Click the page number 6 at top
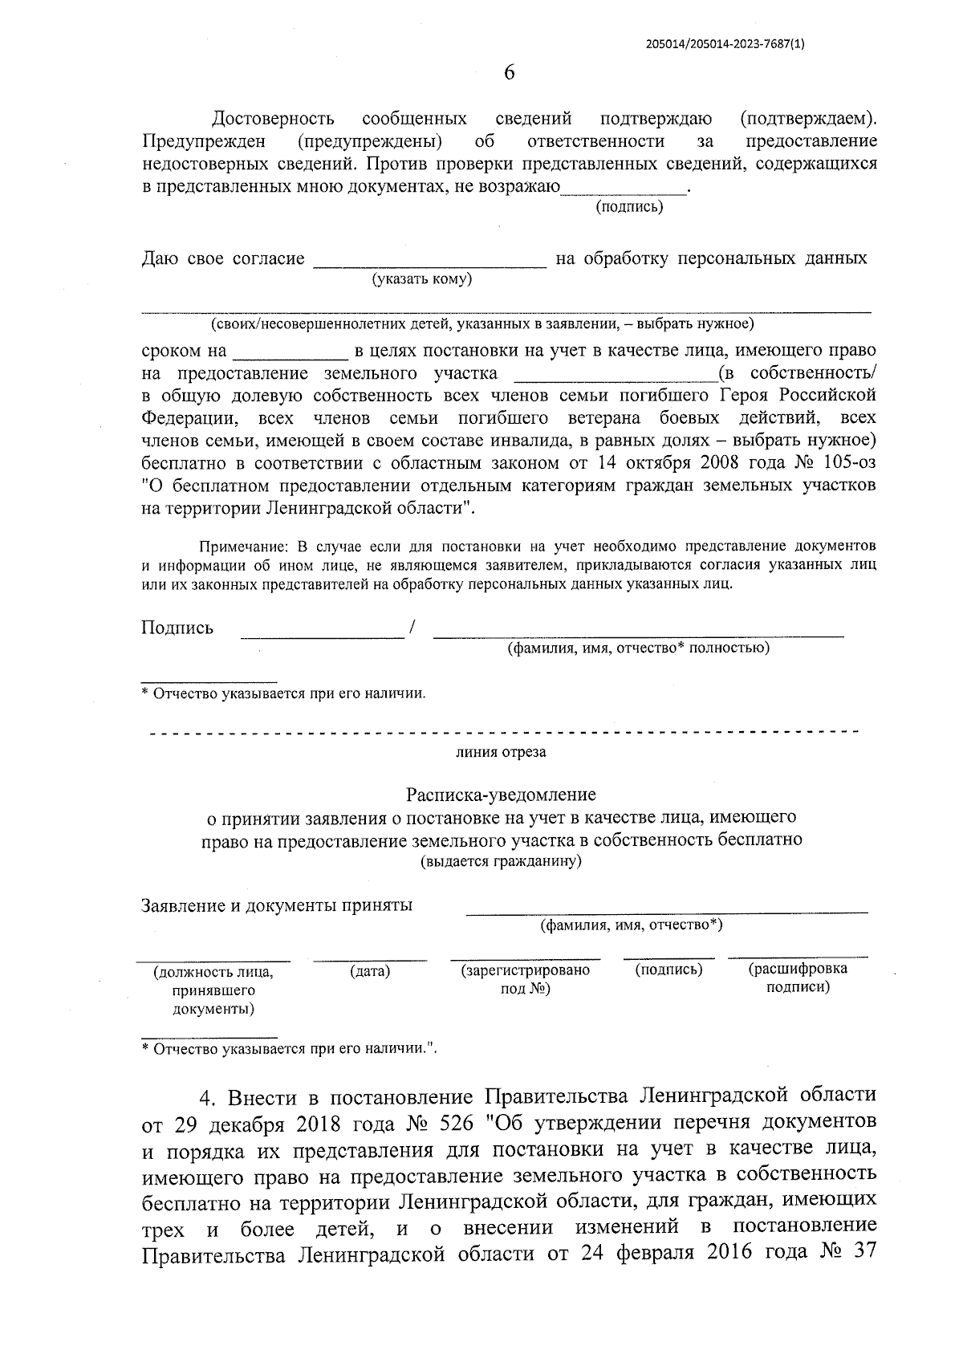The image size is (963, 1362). click(x=509, y=72)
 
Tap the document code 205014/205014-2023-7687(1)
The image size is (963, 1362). click(x=725, y=45)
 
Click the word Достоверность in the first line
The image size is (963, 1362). click(x=273, y=120)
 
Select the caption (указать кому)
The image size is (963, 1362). click(x=421, y=278)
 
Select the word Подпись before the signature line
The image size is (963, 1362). click(x=177, y=628)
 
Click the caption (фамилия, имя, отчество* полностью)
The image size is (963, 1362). click(x=637, y=648)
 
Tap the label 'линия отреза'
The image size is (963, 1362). click(x=501, y=752)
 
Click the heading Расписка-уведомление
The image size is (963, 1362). click(x=501, y=795)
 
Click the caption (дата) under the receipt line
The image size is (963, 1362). click(x=370, y=971)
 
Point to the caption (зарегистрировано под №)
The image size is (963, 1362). click(x=525, y=979)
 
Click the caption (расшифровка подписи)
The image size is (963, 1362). click(x=798, y=978)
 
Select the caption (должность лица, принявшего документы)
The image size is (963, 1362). click(x=213, y=990)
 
